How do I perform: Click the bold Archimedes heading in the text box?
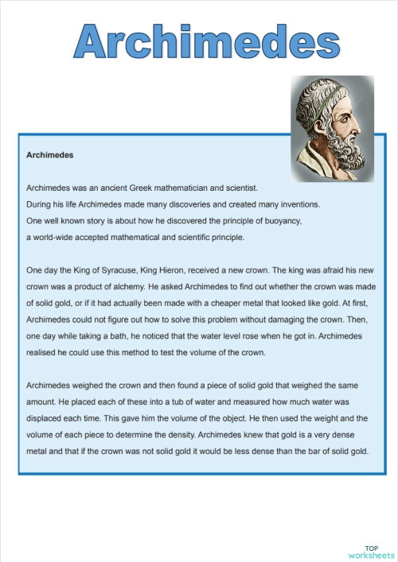(50, 155)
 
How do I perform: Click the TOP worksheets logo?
(371, 552)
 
